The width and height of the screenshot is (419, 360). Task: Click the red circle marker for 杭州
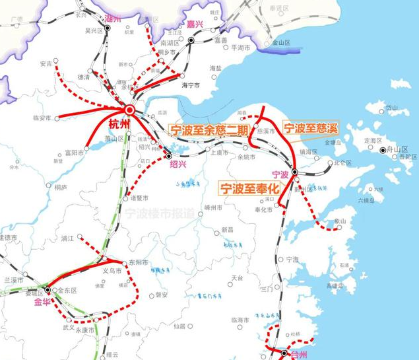pyautogui.click(x=130, y=110)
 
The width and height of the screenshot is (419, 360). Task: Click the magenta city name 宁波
pyautogui.click(x=280, y=174)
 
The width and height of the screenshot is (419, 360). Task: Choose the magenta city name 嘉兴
pyautogui.click(x=195, y=24)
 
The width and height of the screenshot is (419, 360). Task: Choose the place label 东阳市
pyautogui.click(x=138, y=262)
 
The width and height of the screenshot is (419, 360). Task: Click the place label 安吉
pyautogui.click(x=46, y=64)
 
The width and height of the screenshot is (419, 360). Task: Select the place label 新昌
pyautogui.click(x=228, y=229)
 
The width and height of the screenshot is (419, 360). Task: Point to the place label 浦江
pyautogui.click(x=68, y=238)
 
